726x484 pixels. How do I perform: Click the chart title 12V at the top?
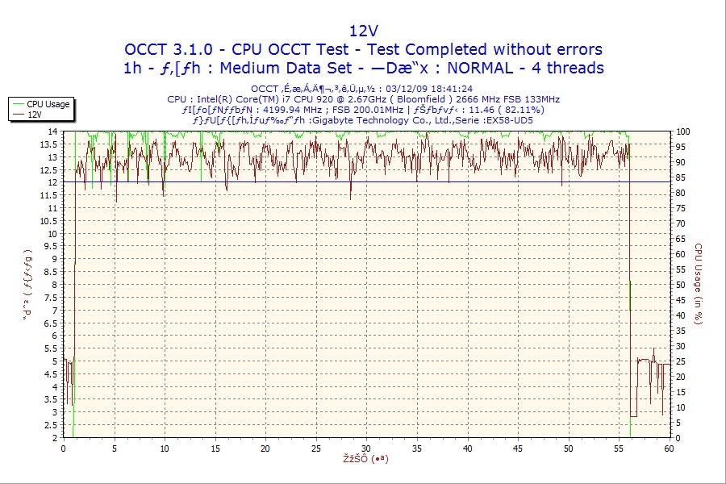(x=362, y=31)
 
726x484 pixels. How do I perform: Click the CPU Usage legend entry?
(x=48, y=104)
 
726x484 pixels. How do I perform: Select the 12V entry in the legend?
(x=35, y=115)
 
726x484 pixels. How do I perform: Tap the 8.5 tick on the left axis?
(x=52, y=272)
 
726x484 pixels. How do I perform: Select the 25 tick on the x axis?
(x=316, y=449)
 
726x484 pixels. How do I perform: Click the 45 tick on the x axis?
(x=519, y=449)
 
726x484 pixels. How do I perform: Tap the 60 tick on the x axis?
(x=670, y=449)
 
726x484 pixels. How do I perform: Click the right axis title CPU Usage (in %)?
(x=699, y=284)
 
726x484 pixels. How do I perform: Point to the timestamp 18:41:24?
(x=449, y=89)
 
